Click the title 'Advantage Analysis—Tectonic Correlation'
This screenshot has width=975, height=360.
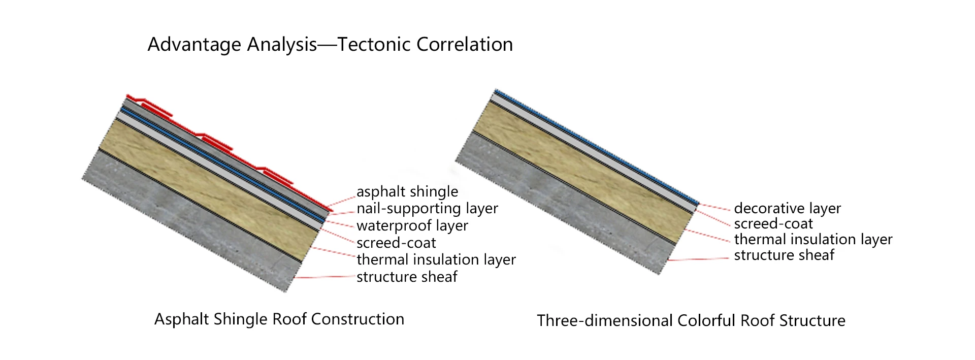330,45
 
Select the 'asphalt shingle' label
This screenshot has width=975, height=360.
407,191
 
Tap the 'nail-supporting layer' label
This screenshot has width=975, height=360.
427,208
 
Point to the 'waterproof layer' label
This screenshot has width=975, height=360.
412,225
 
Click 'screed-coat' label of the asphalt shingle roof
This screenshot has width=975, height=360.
396,243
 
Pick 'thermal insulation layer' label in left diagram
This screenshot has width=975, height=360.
436,259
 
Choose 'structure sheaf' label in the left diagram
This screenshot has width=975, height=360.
407,277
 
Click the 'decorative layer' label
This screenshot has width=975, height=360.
787,208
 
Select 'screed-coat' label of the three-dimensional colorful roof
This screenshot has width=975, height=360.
773,223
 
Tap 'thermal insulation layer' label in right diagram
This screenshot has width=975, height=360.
813,239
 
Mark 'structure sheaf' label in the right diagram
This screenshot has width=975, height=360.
784,255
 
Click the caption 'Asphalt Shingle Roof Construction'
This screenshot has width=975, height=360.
279,319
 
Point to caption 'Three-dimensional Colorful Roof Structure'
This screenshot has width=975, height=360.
691,320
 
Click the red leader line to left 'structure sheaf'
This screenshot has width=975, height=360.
325,277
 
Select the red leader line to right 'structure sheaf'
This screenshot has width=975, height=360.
698,259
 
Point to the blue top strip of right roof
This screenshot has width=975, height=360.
594,147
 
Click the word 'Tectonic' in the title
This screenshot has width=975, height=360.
375,45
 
